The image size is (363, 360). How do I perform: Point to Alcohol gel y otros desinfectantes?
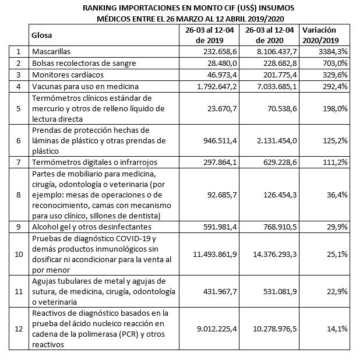click(83, 227)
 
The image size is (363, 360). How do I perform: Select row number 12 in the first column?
click(19, 329)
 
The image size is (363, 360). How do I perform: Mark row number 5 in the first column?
click(19, 108)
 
